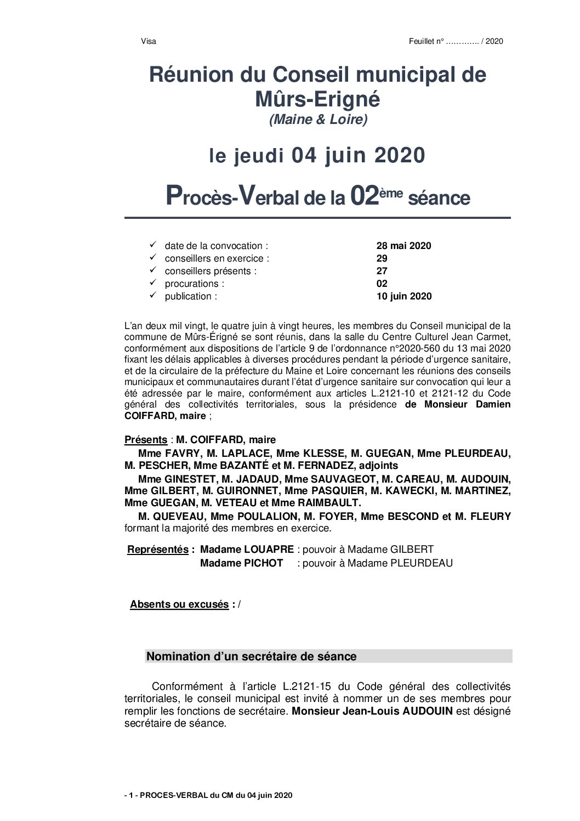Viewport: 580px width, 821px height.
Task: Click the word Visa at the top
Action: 149,41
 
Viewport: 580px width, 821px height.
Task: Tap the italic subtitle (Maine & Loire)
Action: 318,119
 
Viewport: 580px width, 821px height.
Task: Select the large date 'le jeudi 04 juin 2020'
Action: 317,156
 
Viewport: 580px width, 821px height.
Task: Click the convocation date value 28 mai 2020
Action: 403,246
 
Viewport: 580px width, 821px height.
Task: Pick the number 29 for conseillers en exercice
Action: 382,258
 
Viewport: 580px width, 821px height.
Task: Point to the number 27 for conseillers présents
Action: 382,271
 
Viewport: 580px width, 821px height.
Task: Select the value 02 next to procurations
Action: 382,284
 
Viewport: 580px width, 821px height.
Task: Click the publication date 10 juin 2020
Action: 404,296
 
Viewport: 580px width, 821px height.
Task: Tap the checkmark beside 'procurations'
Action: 152,283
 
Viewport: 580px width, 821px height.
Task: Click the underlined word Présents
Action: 146,440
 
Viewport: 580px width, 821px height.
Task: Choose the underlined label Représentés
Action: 158,550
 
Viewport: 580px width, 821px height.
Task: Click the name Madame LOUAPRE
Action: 247,550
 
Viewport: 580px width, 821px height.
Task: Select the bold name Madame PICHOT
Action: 241,563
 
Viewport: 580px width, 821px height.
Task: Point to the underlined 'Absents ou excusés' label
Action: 179,604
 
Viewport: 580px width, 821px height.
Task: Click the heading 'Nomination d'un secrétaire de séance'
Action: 252,656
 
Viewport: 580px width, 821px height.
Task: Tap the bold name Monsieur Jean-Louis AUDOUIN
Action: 372,711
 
